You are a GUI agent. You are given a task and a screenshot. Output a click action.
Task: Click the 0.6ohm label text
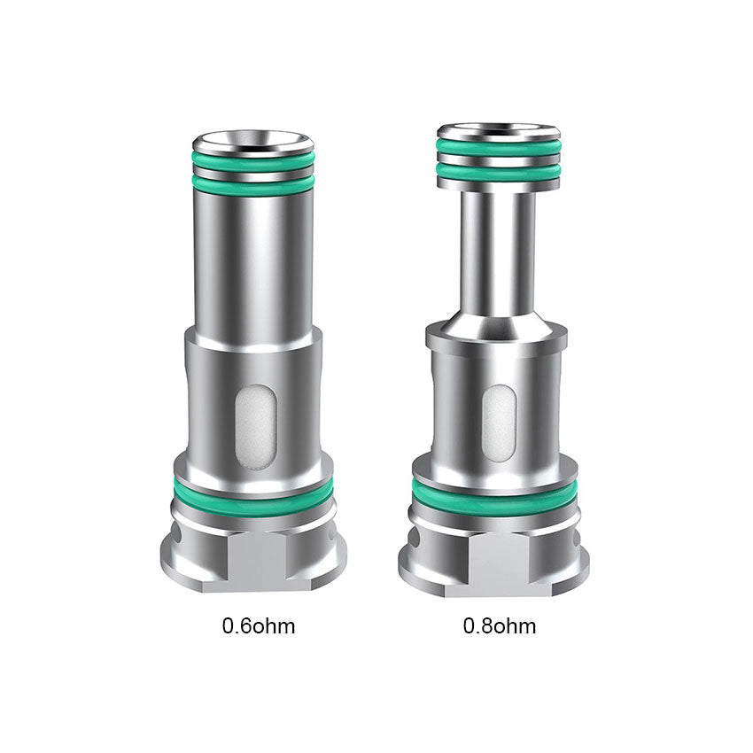click(258, 627)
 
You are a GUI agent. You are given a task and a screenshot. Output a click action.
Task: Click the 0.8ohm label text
click(499, 627)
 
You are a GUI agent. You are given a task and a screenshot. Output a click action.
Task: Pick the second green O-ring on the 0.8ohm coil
click(499, 172)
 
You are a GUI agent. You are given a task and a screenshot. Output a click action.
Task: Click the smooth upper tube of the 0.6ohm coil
click(253, 257)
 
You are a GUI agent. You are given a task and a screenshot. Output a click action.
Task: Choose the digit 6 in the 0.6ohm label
click(245, 627)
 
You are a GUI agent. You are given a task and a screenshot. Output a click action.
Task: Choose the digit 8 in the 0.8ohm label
click(486, 627)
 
